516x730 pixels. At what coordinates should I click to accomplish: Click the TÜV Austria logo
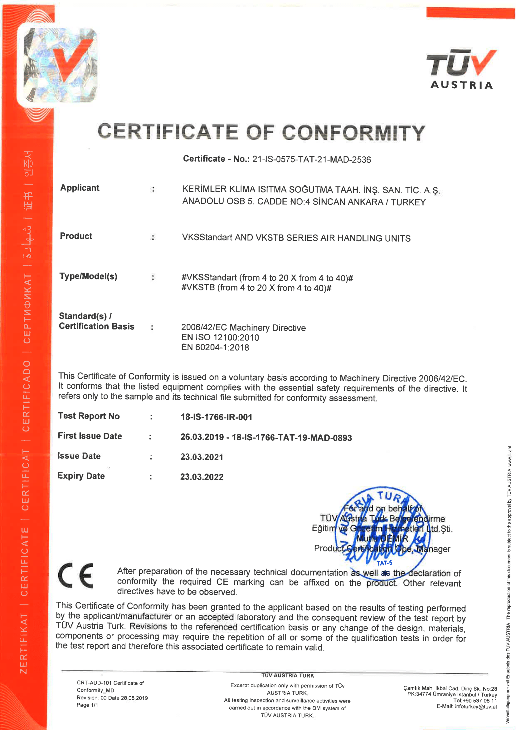tap(461, 70)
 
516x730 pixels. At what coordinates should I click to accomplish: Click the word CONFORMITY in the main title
tap(353, 132)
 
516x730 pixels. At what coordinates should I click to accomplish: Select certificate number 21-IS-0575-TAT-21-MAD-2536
tap(311, 159)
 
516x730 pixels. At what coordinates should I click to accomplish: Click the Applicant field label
tap(80, 188)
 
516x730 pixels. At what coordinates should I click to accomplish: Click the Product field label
tap(76, 236)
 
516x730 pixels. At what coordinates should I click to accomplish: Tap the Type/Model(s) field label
tap(88, 276)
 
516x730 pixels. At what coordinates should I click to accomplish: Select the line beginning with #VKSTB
tap(256, 288)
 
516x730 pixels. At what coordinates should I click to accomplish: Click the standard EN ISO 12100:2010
tap(220, 337)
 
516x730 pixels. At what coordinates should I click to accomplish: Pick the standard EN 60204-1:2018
tap(215, 347)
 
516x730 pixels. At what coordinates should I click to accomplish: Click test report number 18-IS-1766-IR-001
tap(217, 417)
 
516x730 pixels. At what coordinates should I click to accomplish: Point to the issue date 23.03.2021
tap(202, 457)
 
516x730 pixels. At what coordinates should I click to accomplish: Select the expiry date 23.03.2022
tap(202, 476)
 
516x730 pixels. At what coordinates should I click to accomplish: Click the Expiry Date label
tap(81, 476)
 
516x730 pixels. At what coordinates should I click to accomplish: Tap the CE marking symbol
tap(76, 575)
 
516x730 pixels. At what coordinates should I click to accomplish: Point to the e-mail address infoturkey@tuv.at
tap(476, 707)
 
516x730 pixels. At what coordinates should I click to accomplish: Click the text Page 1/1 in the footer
tap(87, 705)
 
